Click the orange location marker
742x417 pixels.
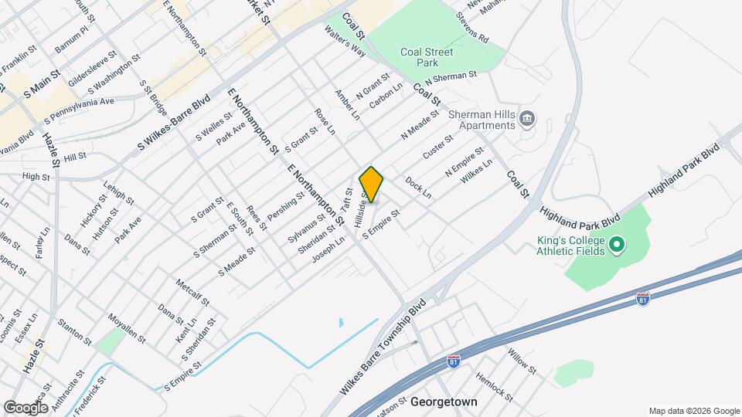[x=371, y=184]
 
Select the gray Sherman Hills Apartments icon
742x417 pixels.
[x=528, y=119]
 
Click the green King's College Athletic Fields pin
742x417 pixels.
[x=616, y=246]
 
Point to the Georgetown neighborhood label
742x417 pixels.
[x=444, y=402]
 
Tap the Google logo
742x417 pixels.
[x=26, y=407]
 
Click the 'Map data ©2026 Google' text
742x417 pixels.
[x=693, y=411]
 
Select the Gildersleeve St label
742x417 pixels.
[x=92, y=69]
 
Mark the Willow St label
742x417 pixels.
[x=522, y=360]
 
